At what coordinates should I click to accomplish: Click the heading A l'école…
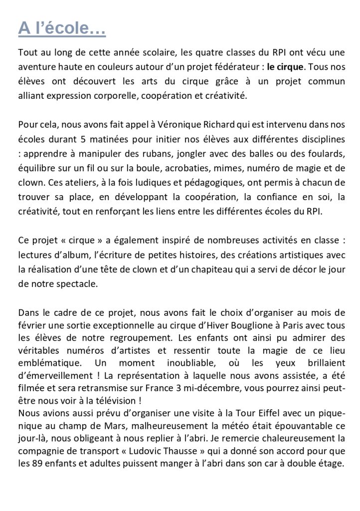(x=61, y=29)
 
